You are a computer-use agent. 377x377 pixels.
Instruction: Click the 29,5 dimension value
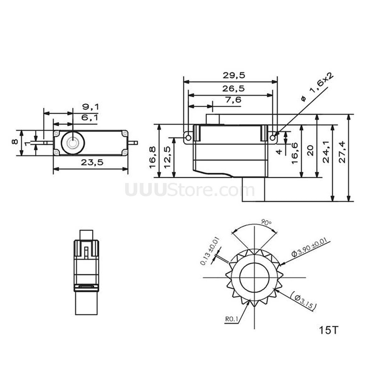point(234,75)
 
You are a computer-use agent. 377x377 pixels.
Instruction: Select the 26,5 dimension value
point(233,89)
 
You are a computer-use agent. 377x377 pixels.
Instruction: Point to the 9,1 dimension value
point(90,107)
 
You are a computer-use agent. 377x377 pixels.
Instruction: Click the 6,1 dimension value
point(90,118)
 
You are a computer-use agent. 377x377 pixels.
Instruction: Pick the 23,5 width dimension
point(92,162)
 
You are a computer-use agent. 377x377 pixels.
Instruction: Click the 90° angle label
point(266,223)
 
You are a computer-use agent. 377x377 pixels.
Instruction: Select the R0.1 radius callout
point(232,319)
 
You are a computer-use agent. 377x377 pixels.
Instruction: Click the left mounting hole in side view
point(188,138)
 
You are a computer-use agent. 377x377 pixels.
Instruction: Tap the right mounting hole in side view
point(272,138)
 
